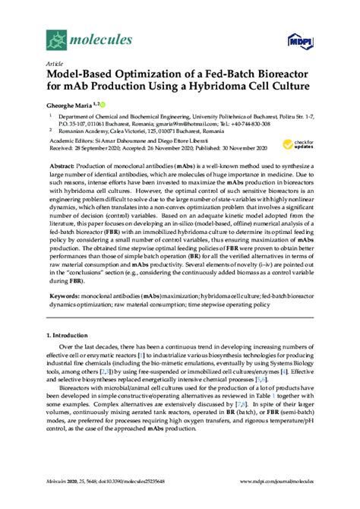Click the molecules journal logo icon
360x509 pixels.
56,36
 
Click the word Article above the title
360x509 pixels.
55,65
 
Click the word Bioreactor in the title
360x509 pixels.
272,76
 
